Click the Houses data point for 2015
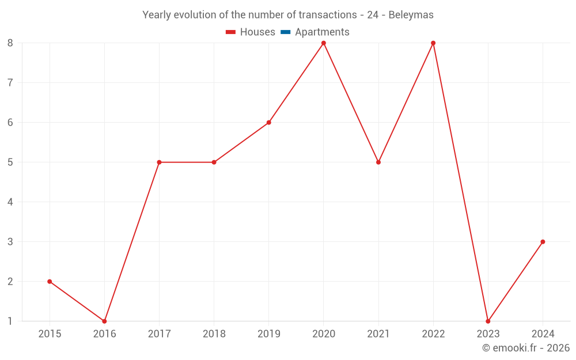tap(50, 282)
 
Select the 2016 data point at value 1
tap(104, 321)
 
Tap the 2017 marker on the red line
tap(159, 162)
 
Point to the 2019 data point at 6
tap(269, 123)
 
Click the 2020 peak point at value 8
tap(324, 43)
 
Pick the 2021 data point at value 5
tap(378, 162)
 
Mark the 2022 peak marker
tap(433, 43)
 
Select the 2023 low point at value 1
tap(488, 321)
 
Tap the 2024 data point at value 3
tap(543, 242)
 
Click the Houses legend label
tap(257, 32)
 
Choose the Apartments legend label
tap(322, 32)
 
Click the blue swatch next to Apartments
tap(285, 32)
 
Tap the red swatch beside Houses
tap(230, 32)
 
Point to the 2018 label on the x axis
tap(214, 334)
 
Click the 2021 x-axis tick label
tap(378, 334)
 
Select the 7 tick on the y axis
tap(10, 82)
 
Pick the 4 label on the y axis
tap(10, 202)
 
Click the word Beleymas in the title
tap(411, 15)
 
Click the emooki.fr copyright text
tap(526, 348)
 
